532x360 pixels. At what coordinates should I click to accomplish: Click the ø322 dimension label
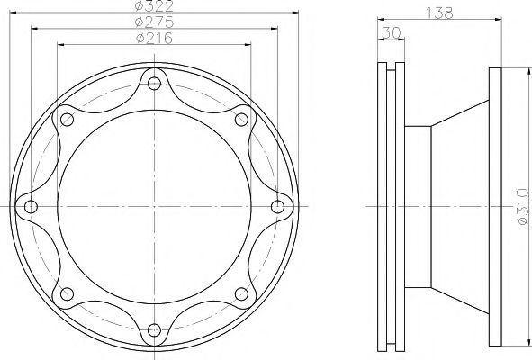coord(154,5)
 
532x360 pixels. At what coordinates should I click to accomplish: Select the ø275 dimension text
coord(154,22)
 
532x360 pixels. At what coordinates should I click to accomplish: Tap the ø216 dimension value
coord(154,38)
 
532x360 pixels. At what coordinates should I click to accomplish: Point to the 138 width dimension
coord(439,13)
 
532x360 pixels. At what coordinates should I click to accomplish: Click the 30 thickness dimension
coord(392,33)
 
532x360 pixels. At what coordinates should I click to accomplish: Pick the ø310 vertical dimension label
coord(523,207)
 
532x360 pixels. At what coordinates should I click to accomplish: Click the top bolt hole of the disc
coord(154,83)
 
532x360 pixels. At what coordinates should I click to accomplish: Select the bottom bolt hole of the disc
coord(154,329)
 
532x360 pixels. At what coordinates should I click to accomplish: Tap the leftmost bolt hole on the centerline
coord(31,207)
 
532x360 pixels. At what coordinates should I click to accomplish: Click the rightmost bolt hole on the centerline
coord(278,207)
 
